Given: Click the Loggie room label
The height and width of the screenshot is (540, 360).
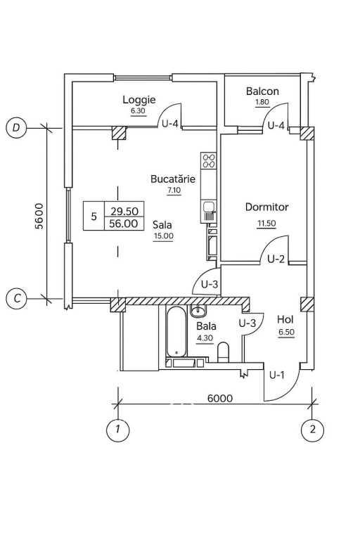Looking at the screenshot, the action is click(x=139, y=100).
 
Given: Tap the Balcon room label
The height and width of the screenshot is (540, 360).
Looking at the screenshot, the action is click(x=262, y=91).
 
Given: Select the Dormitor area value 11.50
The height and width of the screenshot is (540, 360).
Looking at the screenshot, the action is click(x=266, y=223).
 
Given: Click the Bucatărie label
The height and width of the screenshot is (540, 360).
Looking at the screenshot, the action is click(x=173, y=179).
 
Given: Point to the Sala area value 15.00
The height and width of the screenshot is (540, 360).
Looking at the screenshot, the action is click(x=164, y=236).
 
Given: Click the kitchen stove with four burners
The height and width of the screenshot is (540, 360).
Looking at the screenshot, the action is click(x=209, y=160).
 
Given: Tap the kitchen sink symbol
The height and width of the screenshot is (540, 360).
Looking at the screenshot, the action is click(x=208, y=212).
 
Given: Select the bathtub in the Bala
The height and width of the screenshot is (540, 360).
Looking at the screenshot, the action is click(x=176, y=332).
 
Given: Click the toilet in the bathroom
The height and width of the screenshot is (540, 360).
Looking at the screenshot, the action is click(x=224, y=352).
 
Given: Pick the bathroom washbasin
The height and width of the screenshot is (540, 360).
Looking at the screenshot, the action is click(x=198, y=311).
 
